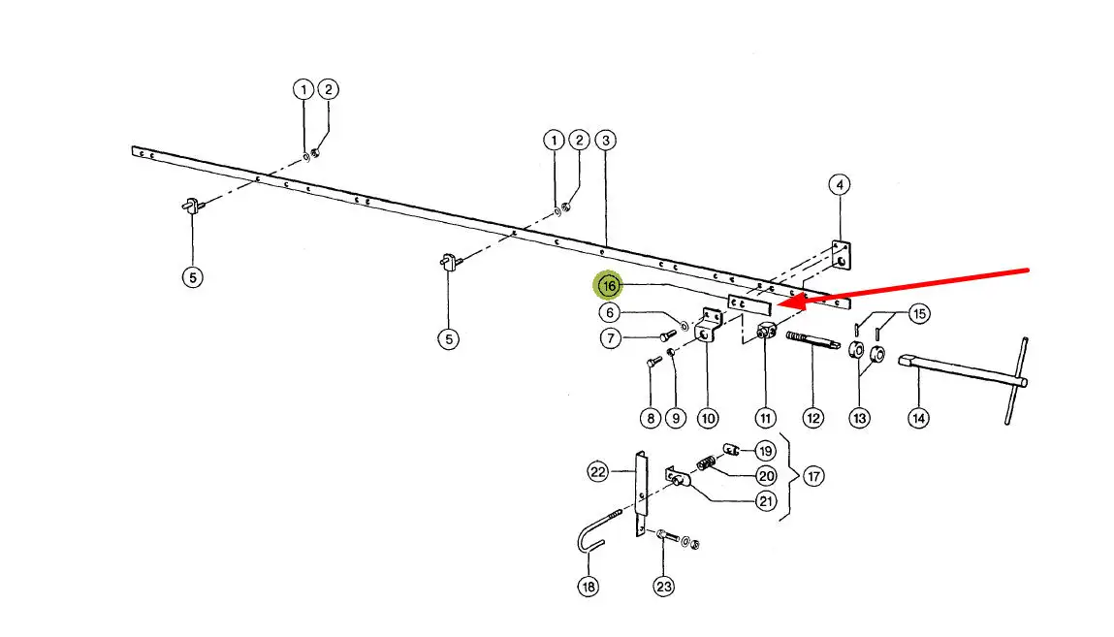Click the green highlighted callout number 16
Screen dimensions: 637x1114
[x=609, y=285]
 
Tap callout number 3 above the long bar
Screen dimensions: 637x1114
[x=606, y=141]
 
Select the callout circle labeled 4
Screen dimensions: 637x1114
[x=840, y=184]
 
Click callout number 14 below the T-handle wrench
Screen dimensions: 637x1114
[x=918, y=418]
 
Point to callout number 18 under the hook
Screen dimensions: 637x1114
[x=589, y=586]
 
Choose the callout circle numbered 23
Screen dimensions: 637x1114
[x=663, y=586]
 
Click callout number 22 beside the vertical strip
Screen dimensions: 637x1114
[x=598, y=472]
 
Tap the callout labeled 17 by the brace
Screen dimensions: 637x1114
[x=814, y=477]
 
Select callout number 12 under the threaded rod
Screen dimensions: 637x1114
[x=812, y=418]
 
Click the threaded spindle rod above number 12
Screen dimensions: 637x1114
[x=812, y=341]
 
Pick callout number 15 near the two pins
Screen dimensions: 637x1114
[x=919, y=313]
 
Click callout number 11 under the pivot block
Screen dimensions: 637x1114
[x=766, y=418]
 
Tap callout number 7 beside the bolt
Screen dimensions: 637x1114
[x=610, y=338]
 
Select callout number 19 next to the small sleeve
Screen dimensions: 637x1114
[x=766, y=451]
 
